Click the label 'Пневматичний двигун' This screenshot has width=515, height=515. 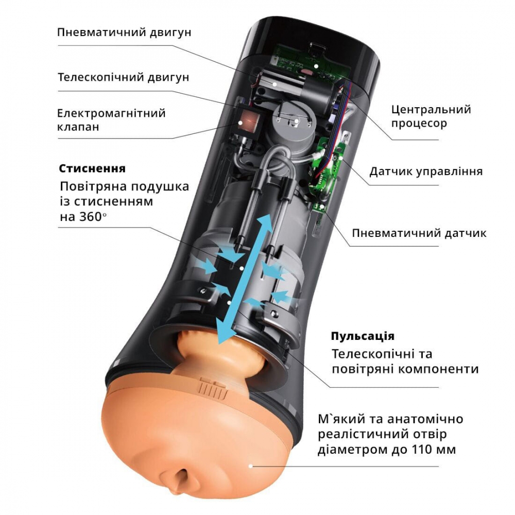click(x=124, y=32)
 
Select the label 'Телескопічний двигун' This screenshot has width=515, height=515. click(x=124, y=78)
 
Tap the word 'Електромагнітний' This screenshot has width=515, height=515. click(x=111, y=113)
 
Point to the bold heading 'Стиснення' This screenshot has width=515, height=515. click(x=92, y=168)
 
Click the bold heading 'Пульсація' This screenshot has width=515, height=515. click(x=363, y=336)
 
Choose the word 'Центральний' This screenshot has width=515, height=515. click(x=431, y=109)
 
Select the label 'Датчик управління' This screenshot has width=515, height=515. click(x=426, y=171)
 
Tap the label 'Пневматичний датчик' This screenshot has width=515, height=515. click(x=419, y=233)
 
